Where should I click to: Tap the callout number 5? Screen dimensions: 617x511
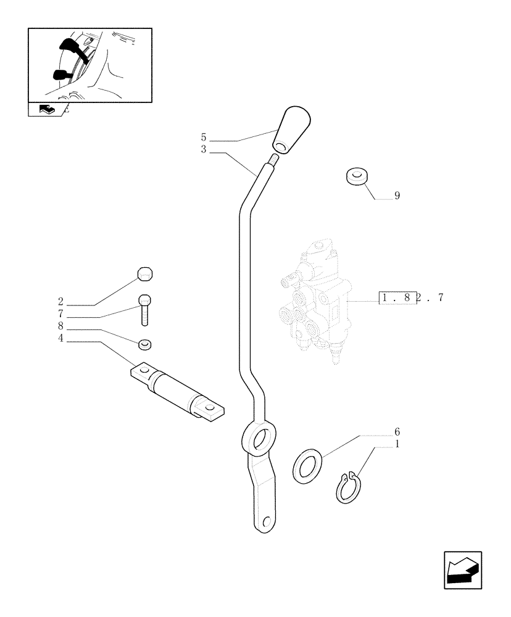[x=203, y=137]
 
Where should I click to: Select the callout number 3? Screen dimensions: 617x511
[x=203, y=149]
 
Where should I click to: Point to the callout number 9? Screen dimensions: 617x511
[x=397, y=196]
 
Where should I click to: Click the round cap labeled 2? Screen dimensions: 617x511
[x=144, y=273]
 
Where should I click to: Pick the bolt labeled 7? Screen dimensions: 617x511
[x=144, y=308]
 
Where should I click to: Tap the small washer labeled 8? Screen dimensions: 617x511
[x=145, y=343]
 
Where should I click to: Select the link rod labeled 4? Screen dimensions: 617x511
[x=177, y=394]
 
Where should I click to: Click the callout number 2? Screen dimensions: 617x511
[x=60, y=302]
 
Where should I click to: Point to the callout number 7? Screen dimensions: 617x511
[x=60, y=313]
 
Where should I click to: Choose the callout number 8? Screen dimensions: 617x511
[x=60, y=326]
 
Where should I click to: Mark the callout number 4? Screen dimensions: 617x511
[x=60, y=337]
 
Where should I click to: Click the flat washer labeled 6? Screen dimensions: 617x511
[x=305, y=466]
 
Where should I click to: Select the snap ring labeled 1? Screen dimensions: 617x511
[x=349, y=487]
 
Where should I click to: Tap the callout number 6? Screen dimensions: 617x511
[x=397, y=431]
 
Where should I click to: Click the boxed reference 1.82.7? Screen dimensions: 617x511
[x=412, y=299]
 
